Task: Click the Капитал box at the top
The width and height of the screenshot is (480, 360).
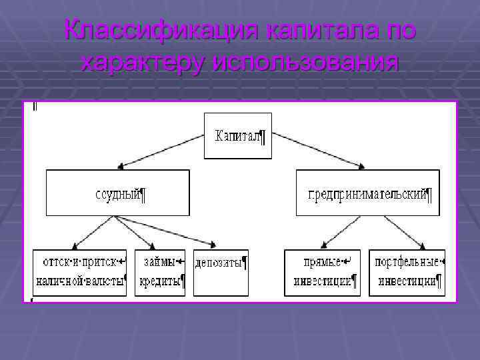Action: pos(238,136)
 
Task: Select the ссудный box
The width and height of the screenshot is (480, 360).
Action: pos(117,193)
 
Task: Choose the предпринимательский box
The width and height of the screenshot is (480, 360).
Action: pos(367,193)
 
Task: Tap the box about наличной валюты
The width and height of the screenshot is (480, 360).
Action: pos(79,272)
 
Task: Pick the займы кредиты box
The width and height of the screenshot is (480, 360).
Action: pos(161,272)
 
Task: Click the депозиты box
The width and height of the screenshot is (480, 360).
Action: pos(220,272)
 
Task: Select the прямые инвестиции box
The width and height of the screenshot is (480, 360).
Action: pos(322,272)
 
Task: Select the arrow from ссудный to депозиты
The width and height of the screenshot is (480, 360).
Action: pos(167,232)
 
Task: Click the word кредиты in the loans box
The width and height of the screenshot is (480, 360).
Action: pos(161,281)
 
